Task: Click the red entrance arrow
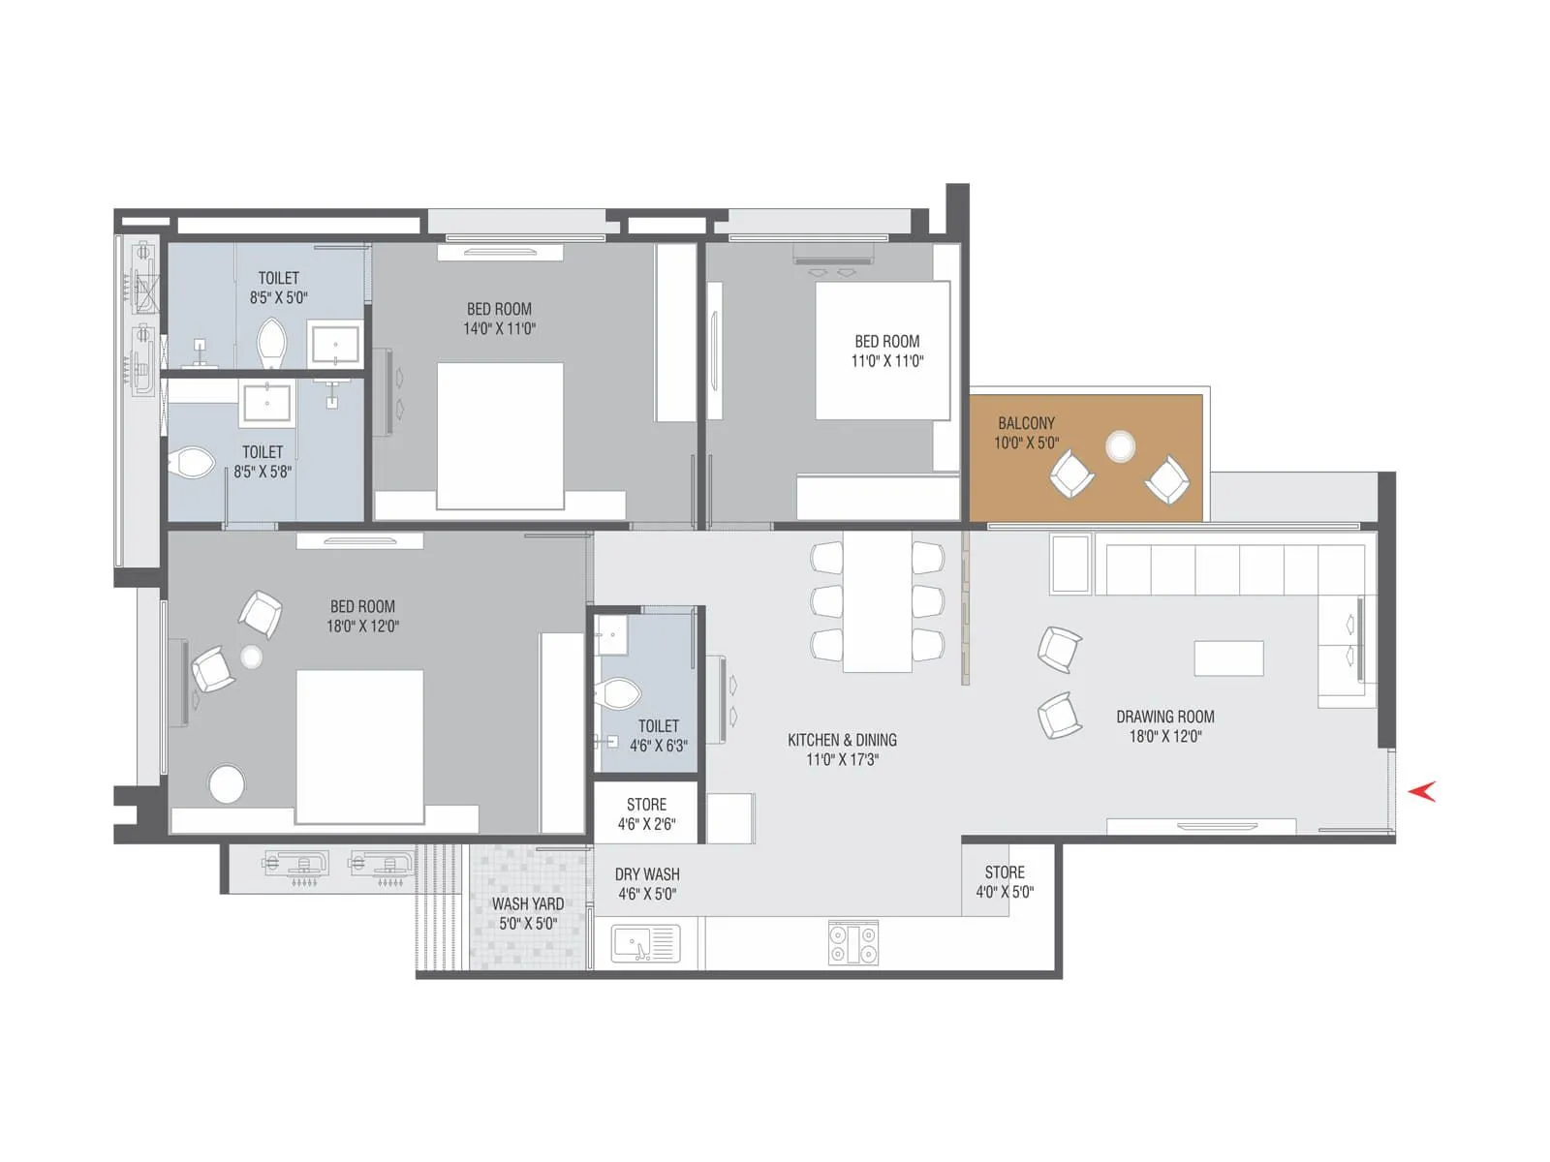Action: click(1422, 791)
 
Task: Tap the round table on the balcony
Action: click(1121, 446)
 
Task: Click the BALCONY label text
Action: click(1026, 423)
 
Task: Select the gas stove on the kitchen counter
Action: click(853, 943)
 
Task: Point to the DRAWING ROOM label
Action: click(1164, 717)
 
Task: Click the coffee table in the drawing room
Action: click(1228, 658)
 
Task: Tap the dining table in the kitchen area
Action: click(877, 602)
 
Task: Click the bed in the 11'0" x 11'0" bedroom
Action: click(882, 351)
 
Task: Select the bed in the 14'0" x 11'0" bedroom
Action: click(500, 436)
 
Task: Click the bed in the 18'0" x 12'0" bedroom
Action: click(359, 746)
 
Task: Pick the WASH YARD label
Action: click(527, 903)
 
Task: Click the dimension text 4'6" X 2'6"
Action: click(646, 824)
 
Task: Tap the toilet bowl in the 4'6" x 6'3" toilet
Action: click(619, 693)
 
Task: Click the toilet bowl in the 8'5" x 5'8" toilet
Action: click(192, 463)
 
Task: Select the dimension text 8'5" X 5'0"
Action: click(278, 298)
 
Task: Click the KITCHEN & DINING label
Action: click(842, 740)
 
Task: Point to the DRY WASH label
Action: click(647, 874)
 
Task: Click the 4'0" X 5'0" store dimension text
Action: click(1005, 892)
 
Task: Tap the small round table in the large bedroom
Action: click(252, 657)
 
